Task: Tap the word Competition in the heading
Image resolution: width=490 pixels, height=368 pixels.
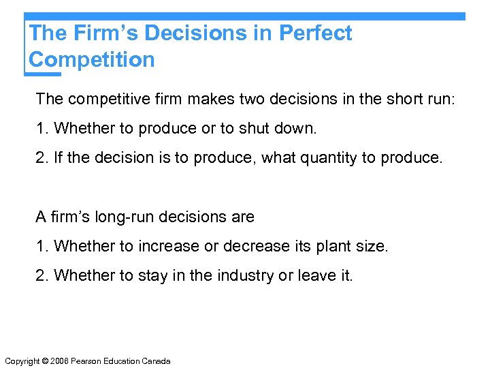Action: (x=92, y=60)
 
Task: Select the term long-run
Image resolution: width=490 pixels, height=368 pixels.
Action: (x=108, y=217)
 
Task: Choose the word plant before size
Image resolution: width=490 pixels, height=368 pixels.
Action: (x=336, y=246)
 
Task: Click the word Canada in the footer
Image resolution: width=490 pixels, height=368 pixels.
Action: (x=157, y=361)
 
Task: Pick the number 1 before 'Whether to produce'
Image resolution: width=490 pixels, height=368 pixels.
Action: (x=40, y=128)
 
